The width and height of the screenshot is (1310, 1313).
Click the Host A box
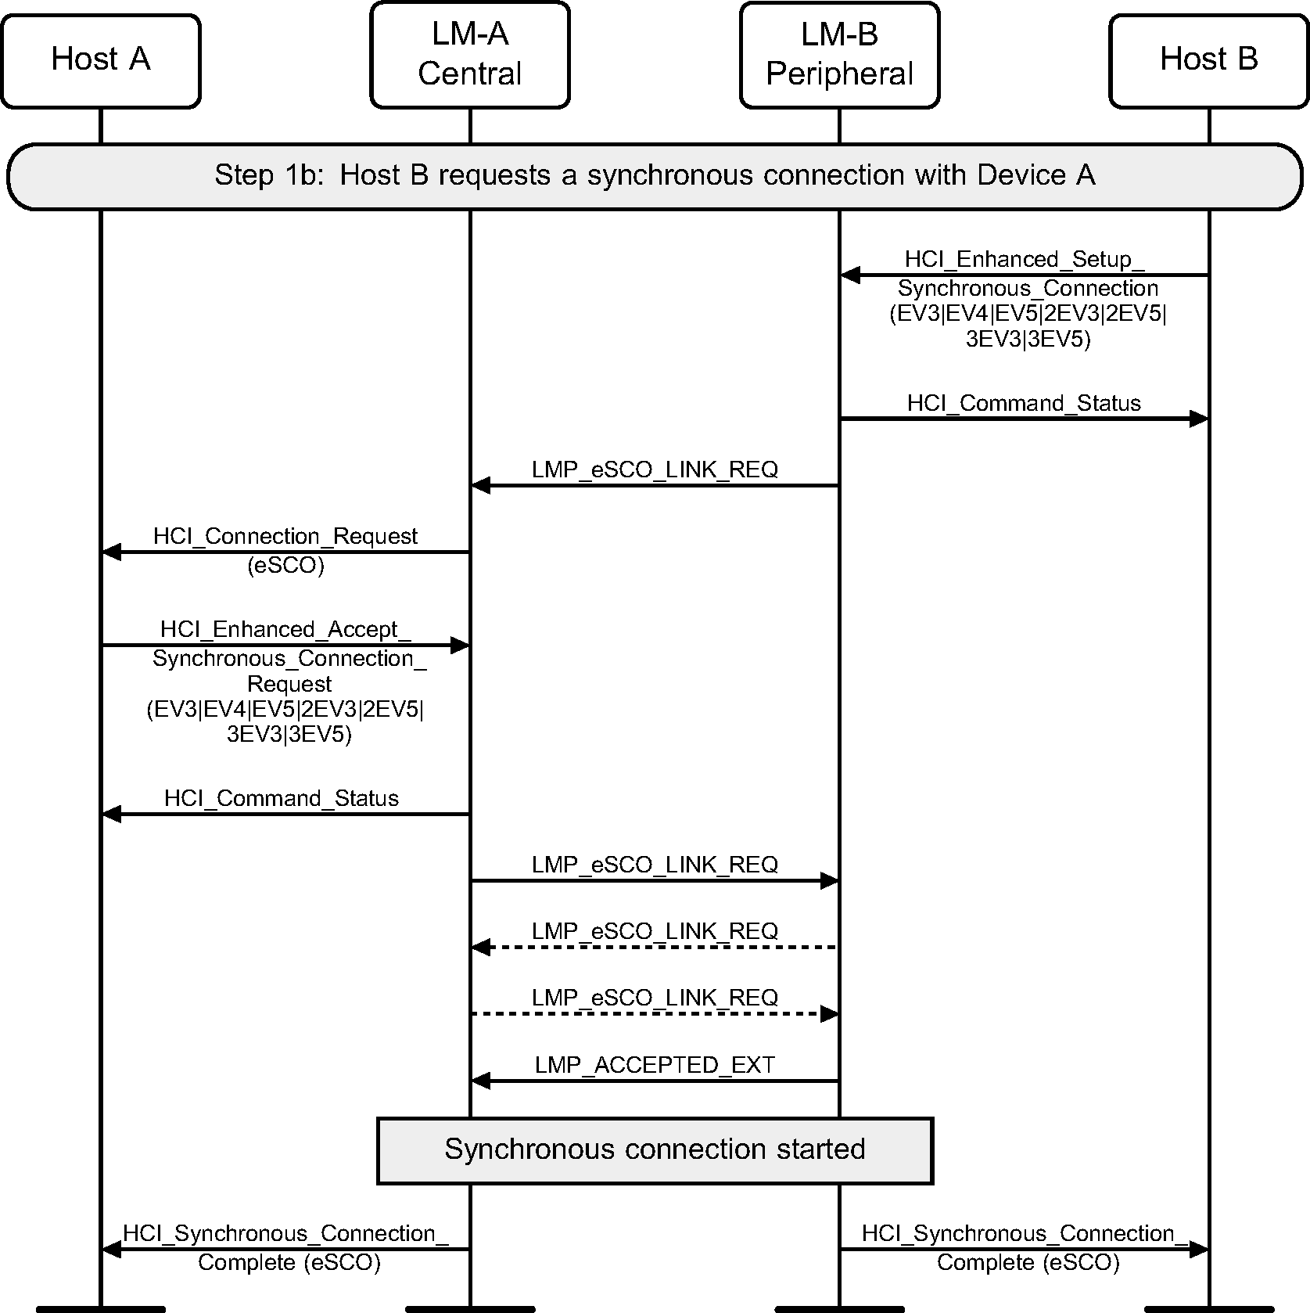coord(101,59)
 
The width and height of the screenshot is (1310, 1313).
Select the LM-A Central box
coord(469,55)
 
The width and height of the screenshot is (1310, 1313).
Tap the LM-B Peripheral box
coord(839,55)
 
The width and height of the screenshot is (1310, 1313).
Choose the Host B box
coord(1208,59)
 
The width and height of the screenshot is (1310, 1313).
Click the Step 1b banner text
coord(655,175)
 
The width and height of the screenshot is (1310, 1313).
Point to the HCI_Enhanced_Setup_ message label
coord(1025,260)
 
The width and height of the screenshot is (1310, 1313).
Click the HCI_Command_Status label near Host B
coord(1024,404)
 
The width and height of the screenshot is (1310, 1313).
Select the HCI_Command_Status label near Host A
coord(282,798)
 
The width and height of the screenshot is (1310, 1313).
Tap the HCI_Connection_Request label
coord(285,537)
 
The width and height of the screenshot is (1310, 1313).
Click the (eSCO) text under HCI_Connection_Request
coord(285,565)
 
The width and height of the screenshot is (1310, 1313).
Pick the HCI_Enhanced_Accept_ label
coord(285,630)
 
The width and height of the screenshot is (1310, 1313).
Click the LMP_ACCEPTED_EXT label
coord(655,1065)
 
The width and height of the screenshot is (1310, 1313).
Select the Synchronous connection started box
coord(655,1149)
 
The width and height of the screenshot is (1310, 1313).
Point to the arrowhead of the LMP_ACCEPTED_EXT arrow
coord(480,1081)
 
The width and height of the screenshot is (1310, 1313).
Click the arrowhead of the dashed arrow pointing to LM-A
coord(480,948)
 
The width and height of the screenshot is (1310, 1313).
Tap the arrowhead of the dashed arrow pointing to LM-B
coord(829,1015)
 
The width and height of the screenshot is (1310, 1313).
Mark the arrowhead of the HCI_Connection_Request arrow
coord(111,552)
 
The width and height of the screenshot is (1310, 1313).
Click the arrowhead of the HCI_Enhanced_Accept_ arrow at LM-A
coord(460,646)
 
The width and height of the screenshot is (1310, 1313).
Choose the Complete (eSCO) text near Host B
coord(1028,1262)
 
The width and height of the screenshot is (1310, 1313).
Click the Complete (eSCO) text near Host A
coord(289,1262)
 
